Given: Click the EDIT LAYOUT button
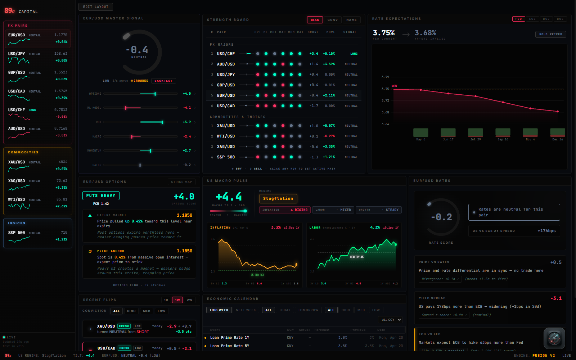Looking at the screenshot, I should click(x=95, y=7).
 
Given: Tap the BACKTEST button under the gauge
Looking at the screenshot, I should click(x=163, y=81).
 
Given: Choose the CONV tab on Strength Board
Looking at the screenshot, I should click(x=333, y=20).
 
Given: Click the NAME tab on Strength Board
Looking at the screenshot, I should click(x=351, y=20).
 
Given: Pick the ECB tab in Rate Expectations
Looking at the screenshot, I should click(x=532, y=19).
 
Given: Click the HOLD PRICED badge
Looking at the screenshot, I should click(x=550, y=34).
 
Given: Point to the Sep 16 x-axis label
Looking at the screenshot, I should click(x=503, y=139).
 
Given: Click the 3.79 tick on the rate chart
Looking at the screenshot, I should click(x=385, y=77).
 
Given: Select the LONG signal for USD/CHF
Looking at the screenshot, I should click(x=354, y=54).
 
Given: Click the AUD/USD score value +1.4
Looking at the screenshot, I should click(x=314, y=64).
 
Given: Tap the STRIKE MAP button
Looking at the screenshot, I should click(x=181, y=182).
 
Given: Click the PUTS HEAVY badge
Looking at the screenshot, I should click(x=101, y=196).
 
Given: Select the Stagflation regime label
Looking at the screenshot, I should click(x=278, y=199).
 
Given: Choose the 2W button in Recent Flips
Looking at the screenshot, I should click(x=189, y=300).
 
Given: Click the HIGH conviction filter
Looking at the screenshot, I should click(x=131, y=311).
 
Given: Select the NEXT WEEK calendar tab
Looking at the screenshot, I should click(x=246, y=310).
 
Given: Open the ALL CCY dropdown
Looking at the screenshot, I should click(x=390, y=320).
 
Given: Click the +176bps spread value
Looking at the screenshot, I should click(x=546, y=231).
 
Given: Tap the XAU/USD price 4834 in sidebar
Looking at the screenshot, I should click(x=63, y=162).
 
